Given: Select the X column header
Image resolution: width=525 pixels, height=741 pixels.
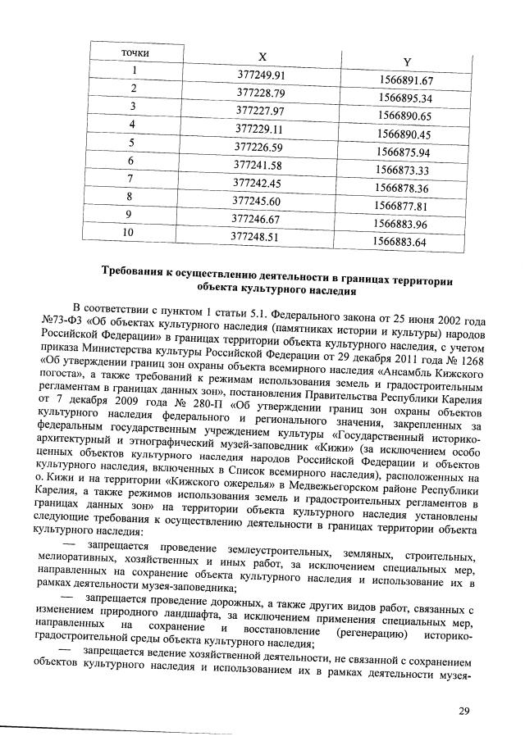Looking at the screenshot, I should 262,57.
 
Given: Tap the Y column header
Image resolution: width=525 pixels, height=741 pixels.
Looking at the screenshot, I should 407,62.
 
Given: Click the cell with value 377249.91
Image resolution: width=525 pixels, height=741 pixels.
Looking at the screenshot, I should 260,75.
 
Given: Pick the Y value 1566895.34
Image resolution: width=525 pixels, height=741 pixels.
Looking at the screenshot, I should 405,98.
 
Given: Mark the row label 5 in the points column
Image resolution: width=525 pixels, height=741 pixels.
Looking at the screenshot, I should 130,143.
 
